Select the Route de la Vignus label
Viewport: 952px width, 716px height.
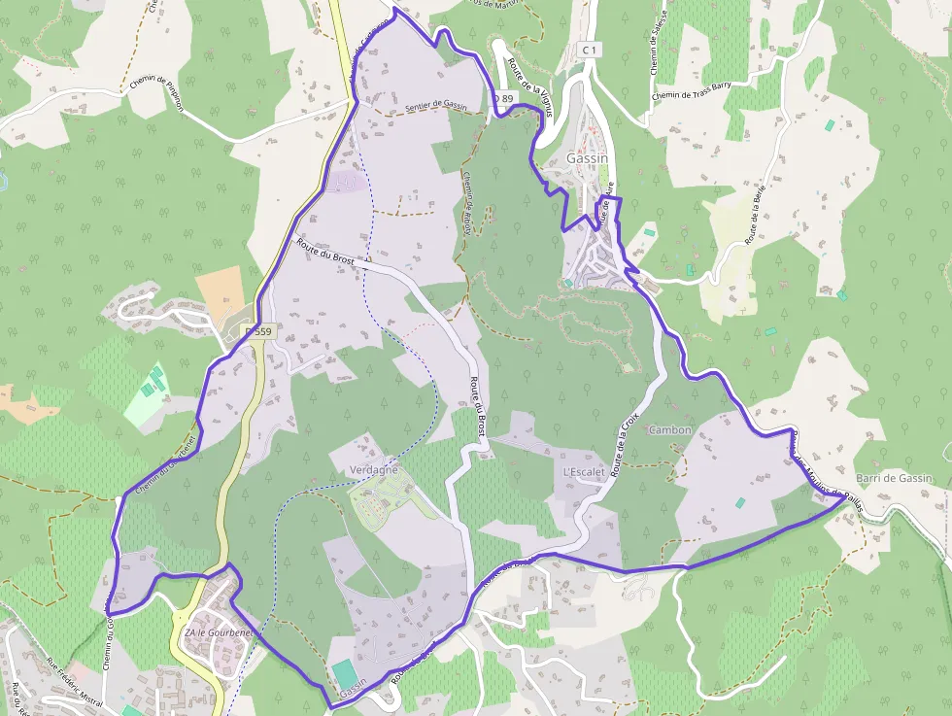click(530, 85)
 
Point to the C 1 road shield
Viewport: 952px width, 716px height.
click(590, 49)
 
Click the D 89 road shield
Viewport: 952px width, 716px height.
click(501, 98)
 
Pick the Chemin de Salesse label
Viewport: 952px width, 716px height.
click(656, 45)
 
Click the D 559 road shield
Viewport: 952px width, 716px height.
click(258, 331)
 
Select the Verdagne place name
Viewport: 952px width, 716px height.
click(374, 470)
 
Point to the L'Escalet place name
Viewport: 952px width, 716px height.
click(584, 472)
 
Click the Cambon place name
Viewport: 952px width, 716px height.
click(670, 429)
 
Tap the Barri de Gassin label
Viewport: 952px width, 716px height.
click(894, 478)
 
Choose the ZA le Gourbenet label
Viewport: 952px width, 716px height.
click(219, 633)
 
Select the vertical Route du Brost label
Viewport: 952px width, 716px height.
click(477, 407)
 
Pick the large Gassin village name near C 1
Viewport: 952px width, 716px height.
click(587, 158)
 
